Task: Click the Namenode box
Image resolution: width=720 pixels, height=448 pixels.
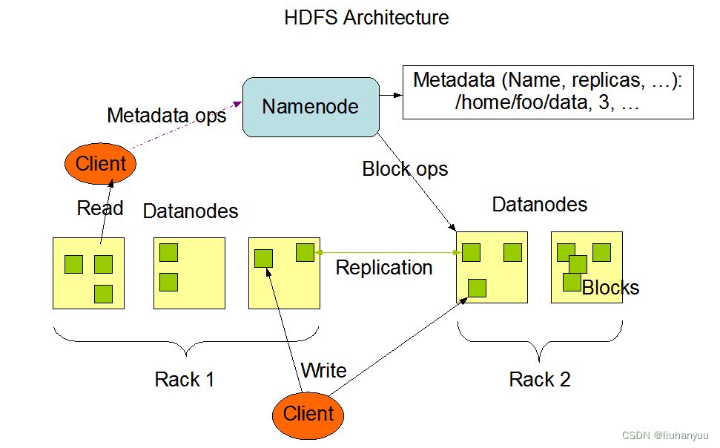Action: [x=310, y=107]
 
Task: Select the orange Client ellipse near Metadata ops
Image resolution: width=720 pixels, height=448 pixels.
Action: [x=101, y=163]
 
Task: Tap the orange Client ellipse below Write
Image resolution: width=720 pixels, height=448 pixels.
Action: [x=308, y=414]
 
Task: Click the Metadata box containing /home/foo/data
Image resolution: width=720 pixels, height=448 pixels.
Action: [x=548, y=92]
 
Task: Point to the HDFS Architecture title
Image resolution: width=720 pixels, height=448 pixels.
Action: [x=366, y=17]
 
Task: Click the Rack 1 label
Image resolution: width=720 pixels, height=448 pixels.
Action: [x=185, y=380]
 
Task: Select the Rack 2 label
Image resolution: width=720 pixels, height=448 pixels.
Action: [x=540, y=380]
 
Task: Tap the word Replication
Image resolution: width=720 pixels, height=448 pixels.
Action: [x=384, y=268]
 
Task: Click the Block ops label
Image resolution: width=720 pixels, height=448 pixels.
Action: [x=405, y=169]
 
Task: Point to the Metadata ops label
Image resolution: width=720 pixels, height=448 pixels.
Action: [x=167, y=116]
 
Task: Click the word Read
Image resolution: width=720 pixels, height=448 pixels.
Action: [x=100, y=208]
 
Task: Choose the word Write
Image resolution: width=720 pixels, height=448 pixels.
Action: [x=324, y=370]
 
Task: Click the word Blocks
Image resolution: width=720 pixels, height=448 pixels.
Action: [x=610, y=288]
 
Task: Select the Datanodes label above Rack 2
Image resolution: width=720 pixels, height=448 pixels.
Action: [x=540, y=205]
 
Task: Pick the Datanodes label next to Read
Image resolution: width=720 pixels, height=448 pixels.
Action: [x=191, y=211]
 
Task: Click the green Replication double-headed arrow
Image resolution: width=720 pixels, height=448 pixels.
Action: [x=386, y=253]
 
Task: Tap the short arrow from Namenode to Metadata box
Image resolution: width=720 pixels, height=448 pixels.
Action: [x=391, y=96]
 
